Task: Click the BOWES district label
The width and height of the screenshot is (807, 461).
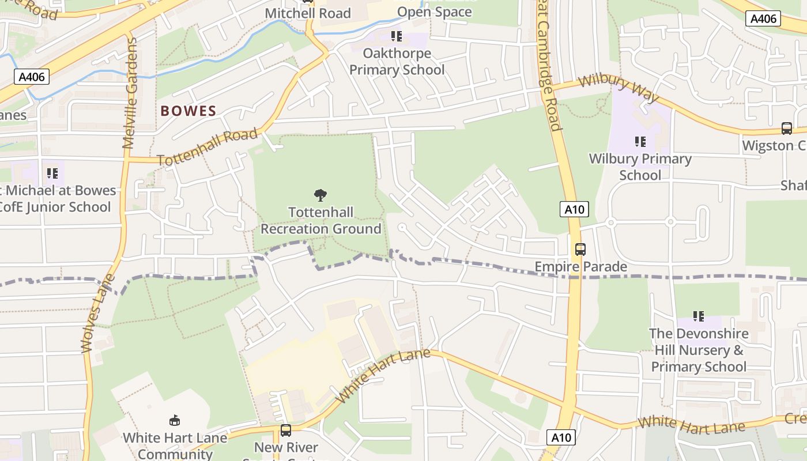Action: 188,111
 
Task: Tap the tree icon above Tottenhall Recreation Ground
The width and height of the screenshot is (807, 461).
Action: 320,195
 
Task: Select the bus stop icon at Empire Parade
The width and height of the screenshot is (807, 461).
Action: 580,250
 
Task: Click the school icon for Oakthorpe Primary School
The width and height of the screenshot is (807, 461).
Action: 396,37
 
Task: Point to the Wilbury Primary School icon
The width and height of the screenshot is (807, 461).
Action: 640,142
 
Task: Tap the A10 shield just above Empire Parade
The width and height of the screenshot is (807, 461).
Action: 574,209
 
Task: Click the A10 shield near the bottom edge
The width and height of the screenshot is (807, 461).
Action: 561,437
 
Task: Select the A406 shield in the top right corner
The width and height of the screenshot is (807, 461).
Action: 764,18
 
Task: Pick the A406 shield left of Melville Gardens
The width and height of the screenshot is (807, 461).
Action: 32,77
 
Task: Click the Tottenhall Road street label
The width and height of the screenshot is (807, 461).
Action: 207,148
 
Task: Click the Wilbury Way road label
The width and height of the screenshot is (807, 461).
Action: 619,89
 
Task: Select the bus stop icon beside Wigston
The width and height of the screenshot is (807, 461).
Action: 786,129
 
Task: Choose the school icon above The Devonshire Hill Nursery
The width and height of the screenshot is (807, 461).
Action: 699,316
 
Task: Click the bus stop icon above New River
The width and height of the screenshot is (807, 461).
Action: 285,430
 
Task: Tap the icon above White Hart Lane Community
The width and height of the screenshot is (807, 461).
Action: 174,421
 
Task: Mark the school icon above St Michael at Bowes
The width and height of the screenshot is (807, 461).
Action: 52,173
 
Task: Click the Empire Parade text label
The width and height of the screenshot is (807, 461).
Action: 580,267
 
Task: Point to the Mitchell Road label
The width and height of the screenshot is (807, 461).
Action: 308,13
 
